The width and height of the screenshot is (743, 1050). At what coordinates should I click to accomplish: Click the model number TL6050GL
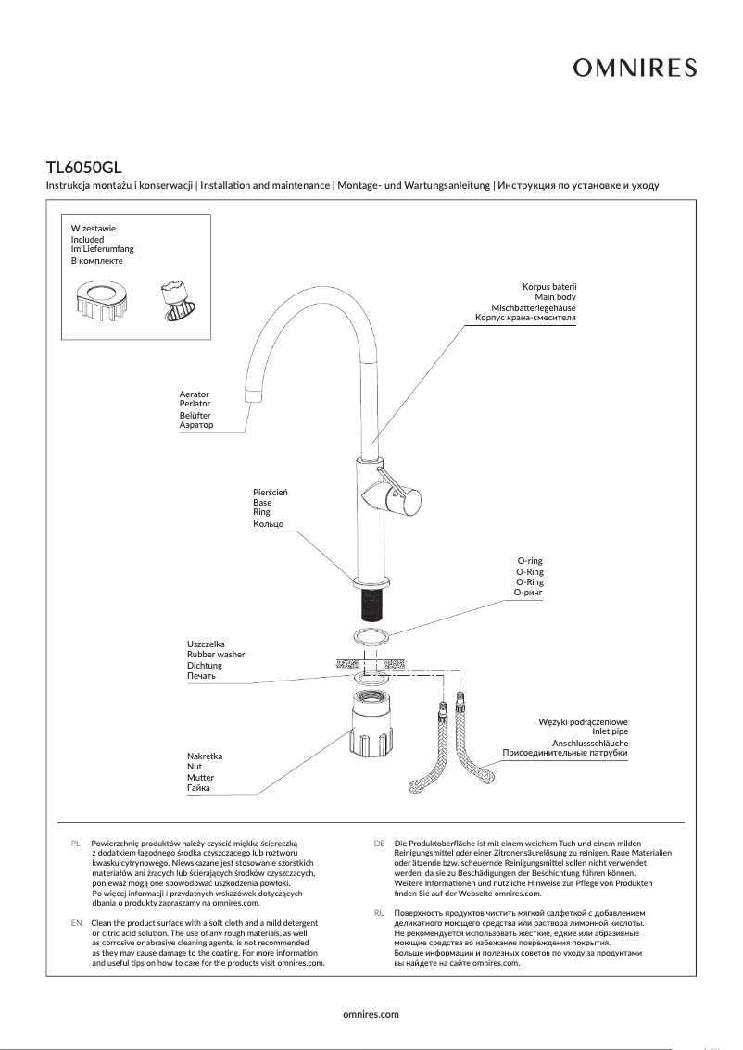84,168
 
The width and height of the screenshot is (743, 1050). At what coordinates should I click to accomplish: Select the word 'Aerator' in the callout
194,394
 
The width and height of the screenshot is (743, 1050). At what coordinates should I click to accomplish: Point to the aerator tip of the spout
251,396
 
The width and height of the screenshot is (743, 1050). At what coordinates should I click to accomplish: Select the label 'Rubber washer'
216,655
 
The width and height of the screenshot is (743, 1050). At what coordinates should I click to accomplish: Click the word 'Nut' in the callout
194,767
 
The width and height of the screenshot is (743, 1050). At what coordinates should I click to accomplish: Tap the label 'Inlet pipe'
610,731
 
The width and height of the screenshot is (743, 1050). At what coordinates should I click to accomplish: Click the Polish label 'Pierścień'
271,491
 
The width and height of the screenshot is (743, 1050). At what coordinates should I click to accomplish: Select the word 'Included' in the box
88,239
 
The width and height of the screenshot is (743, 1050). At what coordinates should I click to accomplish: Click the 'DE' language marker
379,844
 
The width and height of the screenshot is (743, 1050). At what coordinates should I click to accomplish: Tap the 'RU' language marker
379,913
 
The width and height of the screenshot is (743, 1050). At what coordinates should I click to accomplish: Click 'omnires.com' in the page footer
371,1014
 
